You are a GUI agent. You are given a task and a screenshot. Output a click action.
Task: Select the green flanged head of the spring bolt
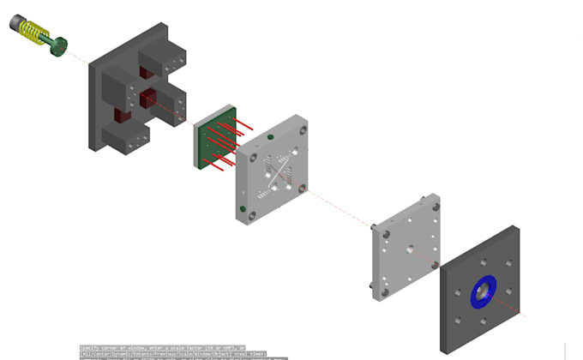pyautogui.click(x=58, y=45)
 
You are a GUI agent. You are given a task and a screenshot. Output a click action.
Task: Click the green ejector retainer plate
pyautogui.click(x=210, y=140)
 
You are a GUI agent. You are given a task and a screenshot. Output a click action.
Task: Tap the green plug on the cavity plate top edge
pyautogui.click(x=271, y=136)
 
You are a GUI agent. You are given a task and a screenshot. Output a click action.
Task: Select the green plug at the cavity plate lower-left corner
pyautogui.click(x=243, y=207)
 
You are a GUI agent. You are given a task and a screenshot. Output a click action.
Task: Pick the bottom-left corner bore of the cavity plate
pyautogui.click(x=251, y=218)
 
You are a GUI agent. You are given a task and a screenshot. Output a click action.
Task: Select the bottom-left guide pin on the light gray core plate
pyautogui.click(x=370, y=286)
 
